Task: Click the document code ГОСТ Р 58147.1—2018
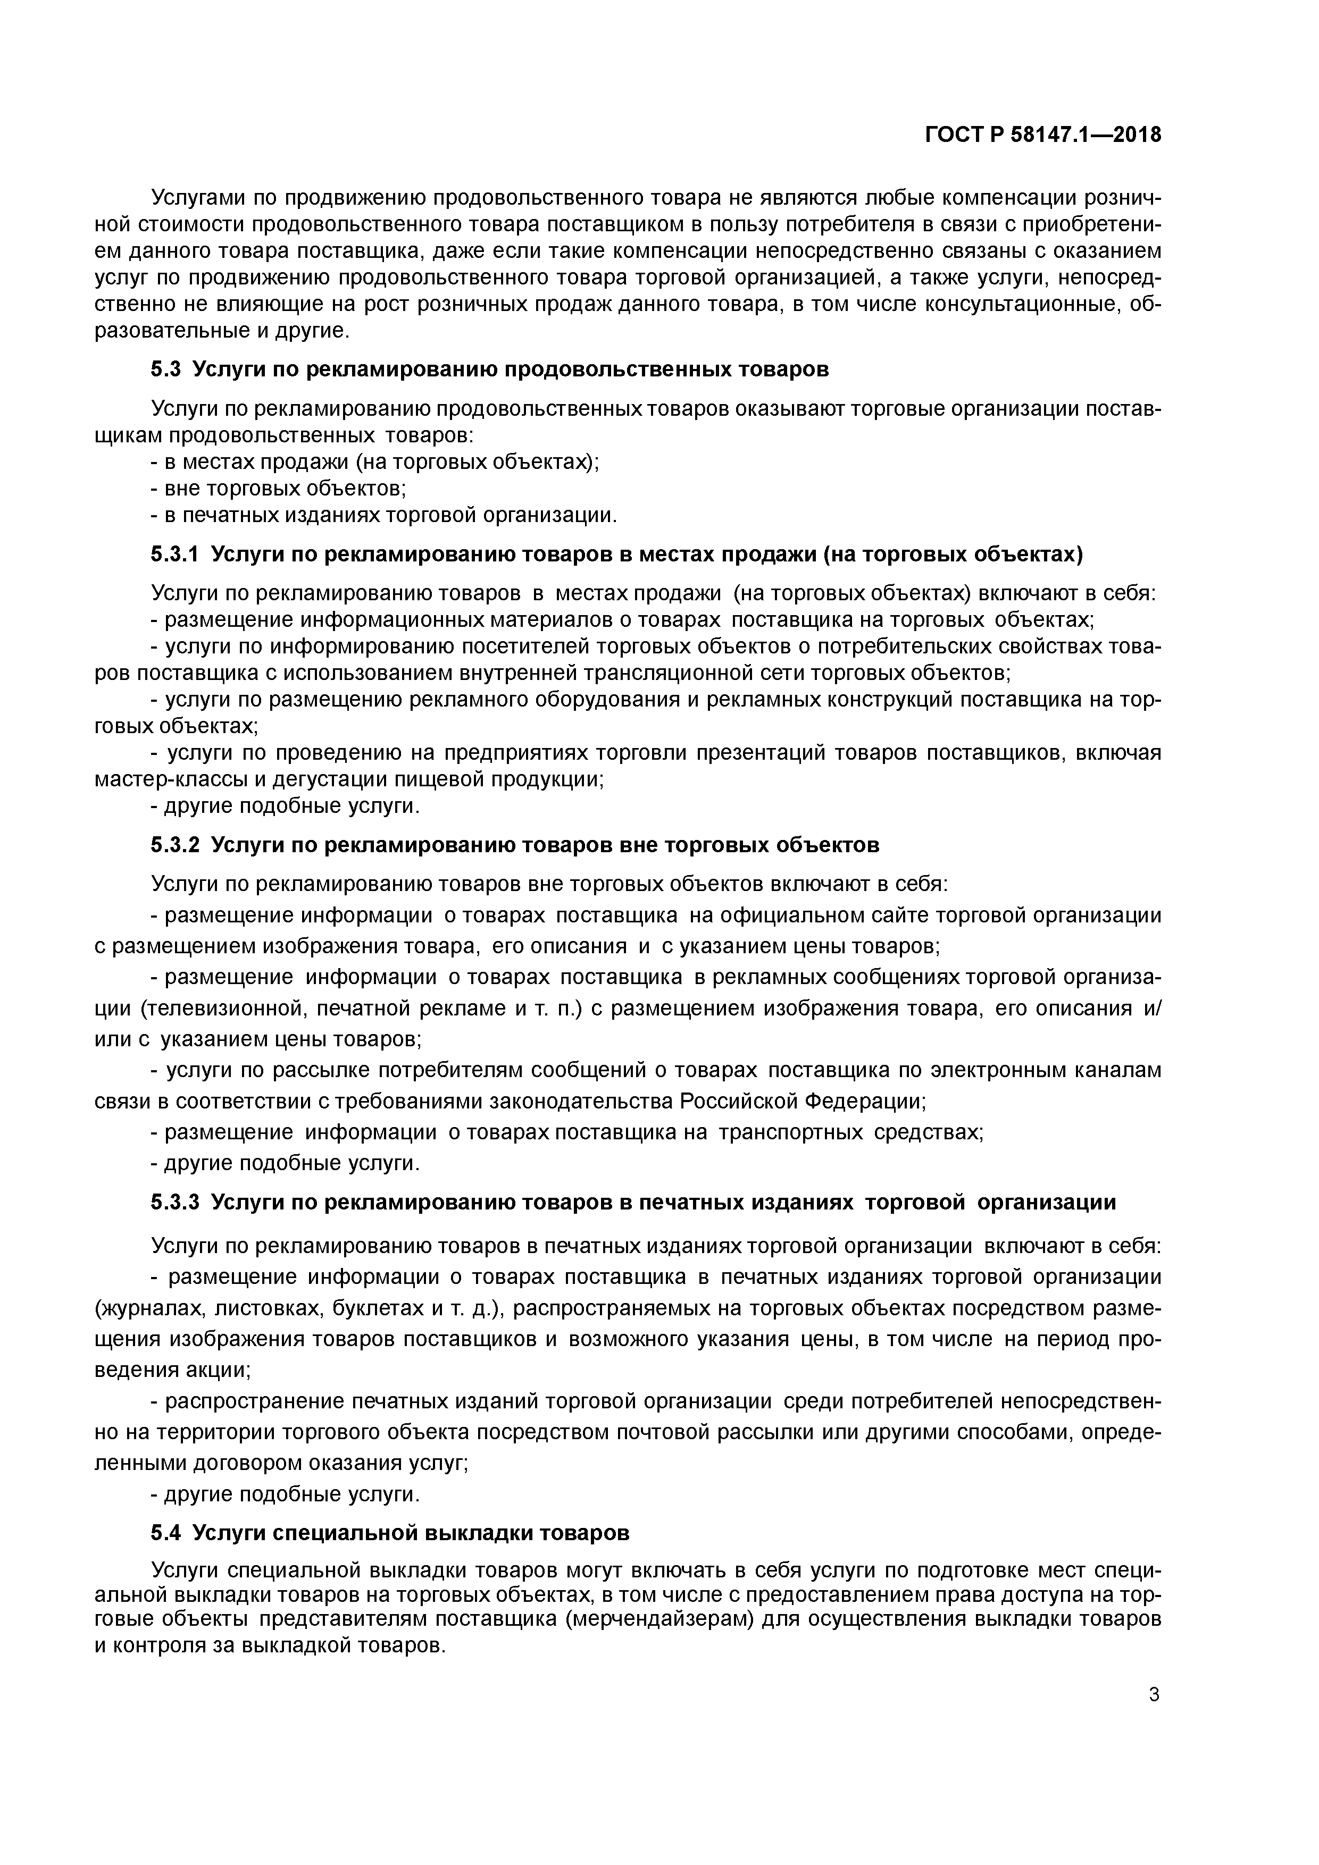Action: (x=1043, y=135)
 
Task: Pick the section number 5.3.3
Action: (x=175, y=1202)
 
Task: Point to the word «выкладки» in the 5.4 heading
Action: (x=483, y=1533)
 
